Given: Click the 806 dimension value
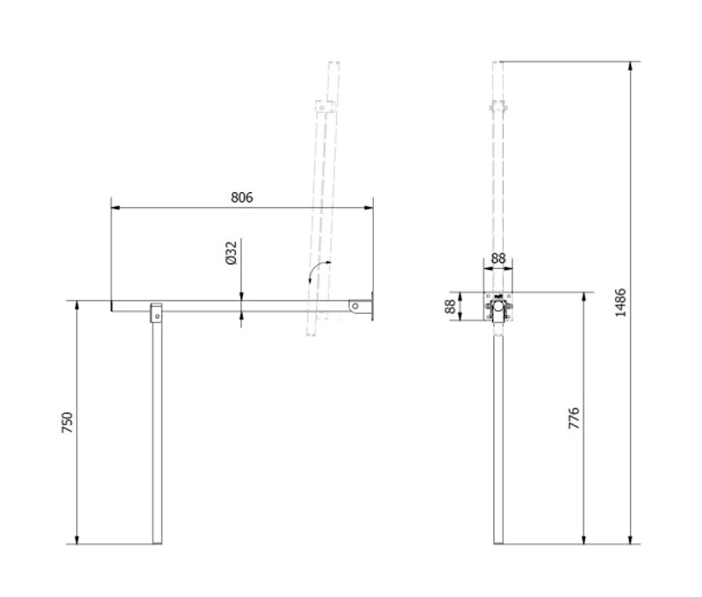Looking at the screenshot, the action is click(x=242, y=197).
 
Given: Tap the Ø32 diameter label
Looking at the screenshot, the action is click(x=231, y=253).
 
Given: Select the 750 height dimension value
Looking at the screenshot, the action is click(x=67, y=423).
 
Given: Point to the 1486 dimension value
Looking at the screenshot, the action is click(x=620, y=302).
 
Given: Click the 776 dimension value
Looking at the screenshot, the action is click(x=574, y=418).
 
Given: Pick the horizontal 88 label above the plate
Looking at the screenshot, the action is click(x=498, y=259).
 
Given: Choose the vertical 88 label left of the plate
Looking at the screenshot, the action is click(x=450, y=306).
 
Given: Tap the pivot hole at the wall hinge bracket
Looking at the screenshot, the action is click(x=355, y=306).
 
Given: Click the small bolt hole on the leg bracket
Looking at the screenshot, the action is click(x=157, y=316).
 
